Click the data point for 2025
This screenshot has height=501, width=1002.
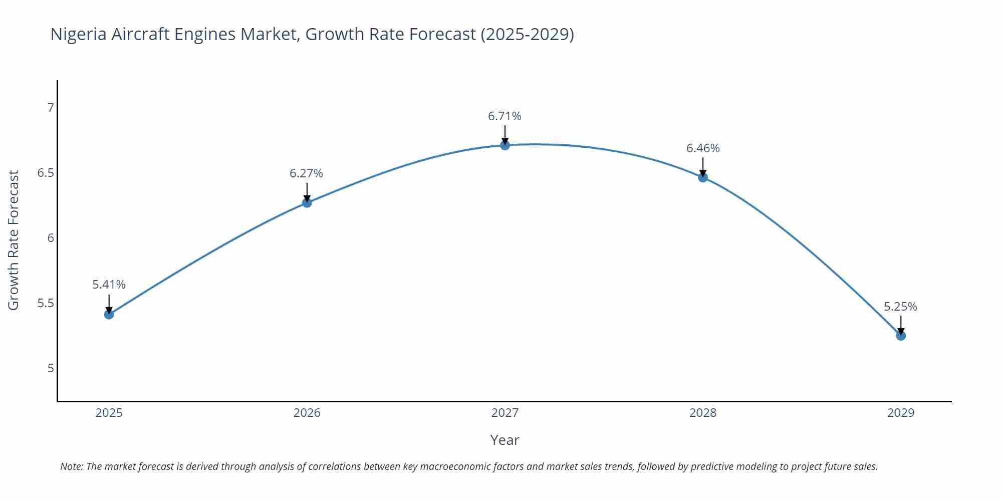109,314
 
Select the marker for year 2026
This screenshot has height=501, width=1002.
307,202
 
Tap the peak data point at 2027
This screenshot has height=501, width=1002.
505,145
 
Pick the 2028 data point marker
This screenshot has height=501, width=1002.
702,177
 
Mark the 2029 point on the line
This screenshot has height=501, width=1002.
900,335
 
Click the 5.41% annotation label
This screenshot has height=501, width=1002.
109,285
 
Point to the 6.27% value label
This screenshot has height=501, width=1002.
306,173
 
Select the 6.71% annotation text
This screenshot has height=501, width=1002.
505,116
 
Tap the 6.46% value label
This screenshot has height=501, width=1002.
702,148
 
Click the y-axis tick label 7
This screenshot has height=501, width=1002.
50,108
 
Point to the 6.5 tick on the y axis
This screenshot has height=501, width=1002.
46,173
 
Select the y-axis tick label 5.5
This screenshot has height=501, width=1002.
46,304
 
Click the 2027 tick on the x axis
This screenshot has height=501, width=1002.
505,413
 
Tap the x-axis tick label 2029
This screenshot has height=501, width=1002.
900,413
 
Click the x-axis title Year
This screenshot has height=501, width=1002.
505,440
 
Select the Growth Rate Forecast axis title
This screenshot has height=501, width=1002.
14,240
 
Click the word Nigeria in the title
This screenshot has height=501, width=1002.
78,35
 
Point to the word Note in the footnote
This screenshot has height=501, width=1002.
72,466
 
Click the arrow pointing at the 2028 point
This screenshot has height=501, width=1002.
702,167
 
